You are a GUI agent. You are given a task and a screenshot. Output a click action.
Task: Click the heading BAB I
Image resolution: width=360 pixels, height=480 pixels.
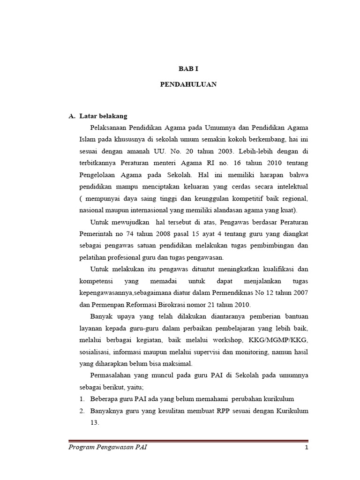pos(188,68)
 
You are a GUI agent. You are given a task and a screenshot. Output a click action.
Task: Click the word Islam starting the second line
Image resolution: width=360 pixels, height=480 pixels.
pos(88,139)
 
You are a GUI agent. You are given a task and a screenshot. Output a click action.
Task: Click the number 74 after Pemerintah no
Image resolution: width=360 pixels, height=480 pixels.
pos(131,233)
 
